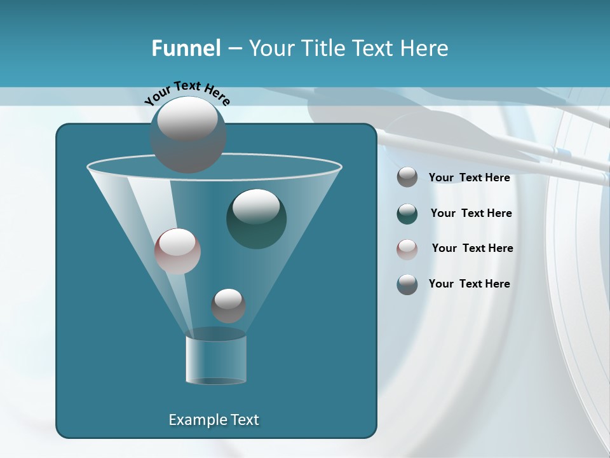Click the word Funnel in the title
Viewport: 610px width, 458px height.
[x=186, y=48]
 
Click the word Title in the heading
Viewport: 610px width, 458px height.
[x=321, y=48]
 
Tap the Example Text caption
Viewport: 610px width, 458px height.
[x=213, y=420]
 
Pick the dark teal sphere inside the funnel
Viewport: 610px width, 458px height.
[x=256, y=218]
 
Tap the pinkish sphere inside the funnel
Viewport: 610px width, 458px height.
[x=177, y=251]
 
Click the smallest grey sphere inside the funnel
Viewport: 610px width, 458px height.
[x=228, y=305]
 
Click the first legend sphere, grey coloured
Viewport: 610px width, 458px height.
[x=407, y=177]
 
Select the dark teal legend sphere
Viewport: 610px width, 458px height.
[x=407, y=214]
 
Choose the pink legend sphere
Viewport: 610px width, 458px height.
[x=407, y=249]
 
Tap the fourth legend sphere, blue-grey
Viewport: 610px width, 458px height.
[x=407, y=284]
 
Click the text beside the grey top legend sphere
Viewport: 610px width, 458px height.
[x=469, y=178]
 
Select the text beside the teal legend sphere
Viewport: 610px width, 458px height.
[x=471, y=214]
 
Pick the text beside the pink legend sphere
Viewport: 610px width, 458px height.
[x=472, y=249]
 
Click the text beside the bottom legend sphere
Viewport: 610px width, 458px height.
[x=469, y=284]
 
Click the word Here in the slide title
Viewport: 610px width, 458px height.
[x=424, y=48]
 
